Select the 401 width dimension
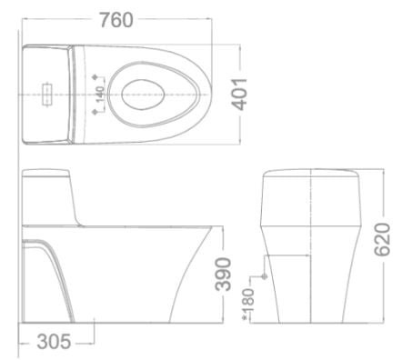click(244, 92)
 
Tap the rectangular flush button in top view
click(45, 93)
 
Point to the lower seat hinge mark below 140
click(96, 110)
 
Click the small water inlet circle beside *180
click(263, 275)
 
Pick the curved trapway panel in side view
click(45, 273)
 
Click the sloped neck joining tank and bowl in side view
click(87, 209)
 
